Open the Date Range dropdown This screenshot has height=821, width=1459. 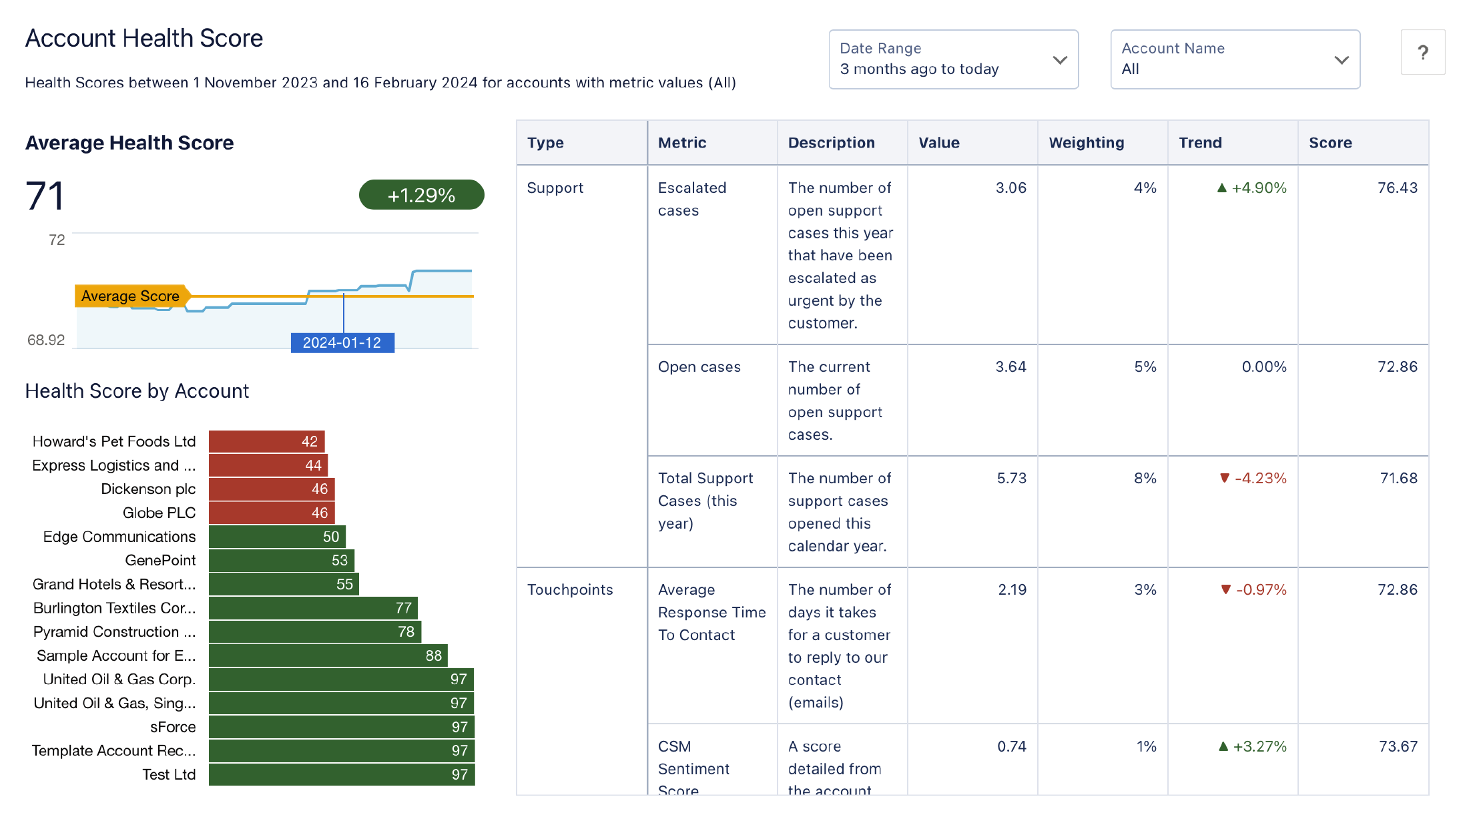point(953,59)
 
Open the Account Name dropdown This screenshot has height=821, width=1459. point(1235,59)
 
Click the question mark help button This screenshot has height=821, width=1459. point(1422,52)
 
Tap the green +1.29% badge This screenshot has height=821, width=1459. point(421,195)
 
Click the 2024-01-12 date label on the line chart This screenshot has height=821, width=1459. point(342,342)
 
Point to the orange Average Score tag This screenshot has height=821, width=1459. point(131,296)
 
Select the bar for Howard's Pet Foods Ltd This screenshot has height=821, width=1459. point(266,441)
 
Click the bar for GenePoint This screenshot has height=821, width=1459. point(281,560)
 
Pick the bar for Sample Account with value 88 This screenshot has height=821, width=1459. point(328,655)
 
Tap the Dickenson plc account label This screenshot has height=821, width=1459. point(148,489)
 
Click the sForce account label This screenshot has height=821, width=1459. point(173,727)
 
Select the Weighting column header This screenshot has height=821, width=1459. point(1086,143)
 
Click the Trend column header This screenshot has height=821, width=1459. point(1200,143)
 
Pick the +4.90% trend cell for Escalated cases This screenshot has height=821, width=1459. point(1252,188)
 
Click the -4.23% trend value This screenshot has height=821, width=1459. point(1253,479)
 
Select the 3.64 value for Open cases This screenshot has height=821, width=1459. point(1010,367)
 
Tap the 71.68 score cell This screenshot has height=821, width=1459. point(1398,479)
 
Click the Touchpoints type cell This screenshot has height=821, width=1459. point(570,590)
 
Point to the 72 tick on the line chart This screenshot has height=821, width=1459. point(57,240)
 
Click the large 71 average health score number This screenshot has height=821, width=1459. point(45,196)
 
